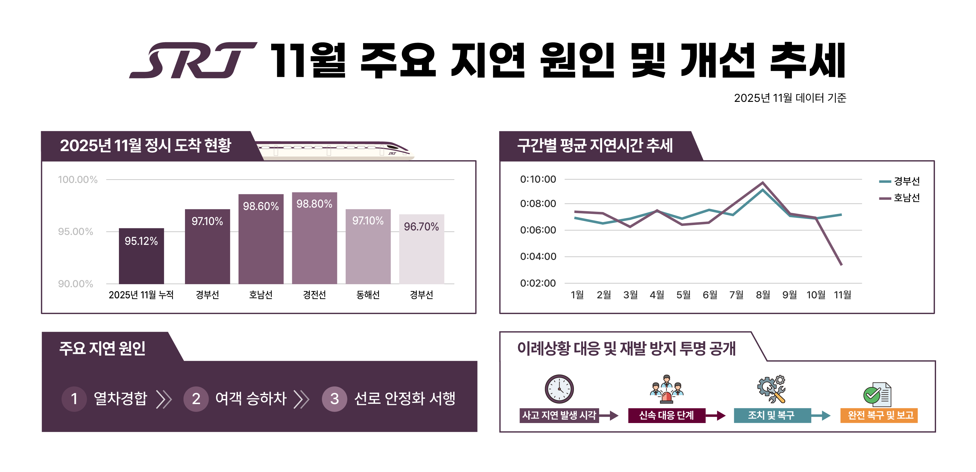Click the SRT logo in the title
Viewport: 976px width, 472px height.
pyautogui.click(x=193, y=61)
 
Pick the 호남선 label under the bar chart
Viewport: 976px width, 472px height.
pyautogui.click(x=261, y=294)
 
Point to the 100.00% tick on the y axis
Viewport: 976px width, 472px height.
pyautogui.click(x=78, y=179)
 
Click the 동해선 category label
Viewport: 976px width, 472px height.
pyautogui.click(x=368, y=294)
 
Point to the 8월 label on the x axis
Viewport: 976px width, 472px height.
pyautogui.click(x=763, y=294)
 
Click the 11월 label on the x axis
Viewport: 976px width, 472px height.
pyautogui.click(x=842, y=294)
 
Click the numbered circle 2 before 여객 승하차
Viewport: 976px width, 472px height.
pyautogui.click(x=196, y=399)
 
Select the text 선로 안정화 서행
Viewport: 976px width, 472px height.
pyautogui.click(x=404, y=398)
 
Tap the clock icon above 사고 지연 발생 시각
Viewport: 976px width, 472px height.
pyautogui.click(x=559, y=389)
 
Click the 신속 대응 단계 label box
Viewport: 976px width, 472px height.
pyautogui.click(x=666, y=415)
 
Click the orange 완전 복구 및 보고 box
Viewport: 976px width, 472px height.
pyautogui.click(x=879, y=415)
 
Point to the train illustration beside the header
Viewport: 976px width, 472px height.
pyautogui.click(x=333, y=150)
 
